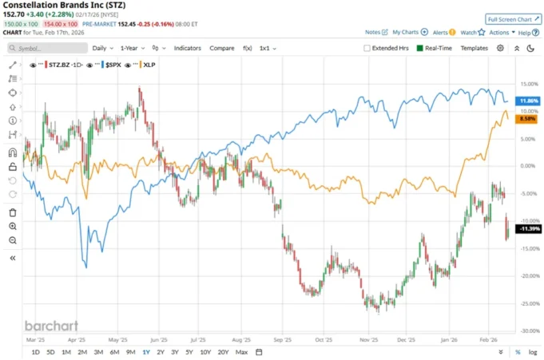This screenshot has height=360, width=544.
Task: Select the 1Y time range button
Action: pyautogui.click(x=146, y=352)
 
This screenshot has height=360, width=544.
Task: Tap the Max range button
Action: pyautogui.click(x=242, y=352)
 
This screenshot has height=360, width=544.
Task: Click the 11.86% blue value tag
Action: pyautogui.click(x=528, y=101)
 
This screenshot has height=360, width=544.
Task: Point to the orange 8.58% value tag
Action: pyautogui.click(x=527, y=119)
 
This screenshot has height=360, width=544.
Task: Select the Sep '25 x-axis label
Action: pyautogui.click(x=280, y=338)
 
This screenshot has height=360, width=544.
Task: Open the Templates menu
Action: pyautogui.click(x=474, y=48)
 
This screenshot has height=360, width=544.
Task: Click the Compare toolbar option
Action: pyautogui.click(x=222, y=48)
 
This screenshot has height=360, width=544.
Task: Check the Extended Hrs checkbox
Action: pyautogui.click(x=367, y=48)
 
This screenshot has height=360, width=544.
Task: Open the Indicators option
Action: pyautogui.click(x=188, y=48)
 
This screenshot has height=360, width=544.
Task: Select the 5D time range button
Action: pyautogui.click(x=51, y=352)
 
